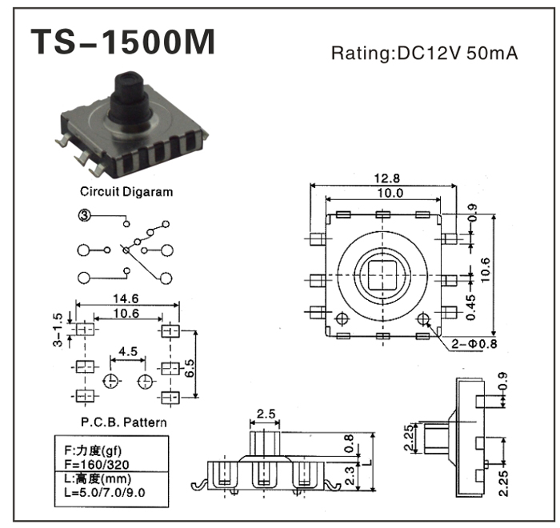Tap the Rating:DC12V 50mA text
coord(425,54)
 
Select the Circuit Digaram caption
coord(126,192)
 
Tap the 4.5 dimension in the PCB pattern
coord(127,350)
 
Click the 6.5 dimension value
coord(190,368)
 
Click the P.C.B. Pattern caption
coord(118,422)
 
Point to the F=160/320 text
coord(94,462)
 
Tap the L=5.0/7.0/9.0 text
coord(102,491)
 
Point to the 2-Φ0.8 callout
coord(475,346)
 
